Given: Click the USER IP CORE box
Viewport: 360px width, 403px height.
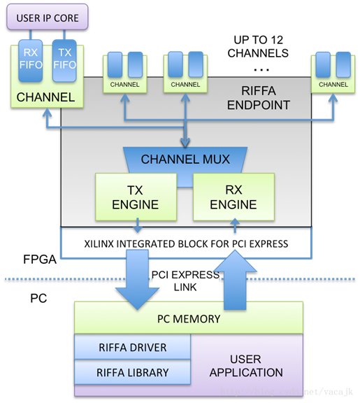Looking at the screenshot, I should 48,17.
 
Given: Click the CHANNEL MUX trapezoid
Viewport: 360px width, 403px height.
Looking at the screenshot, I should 185,159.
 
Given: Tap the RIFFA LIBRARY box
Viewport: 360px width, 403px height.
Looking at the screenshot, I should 132,372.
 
